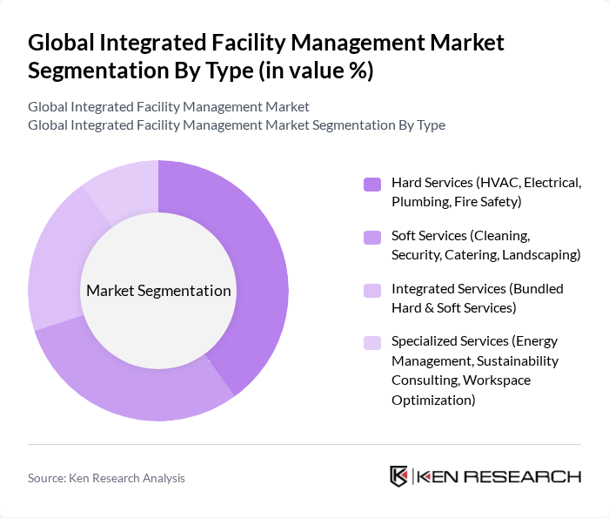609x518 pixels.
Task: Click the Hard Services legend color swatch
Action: [372, 184]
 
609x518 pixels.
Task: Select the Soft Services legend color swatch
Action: [372, 237]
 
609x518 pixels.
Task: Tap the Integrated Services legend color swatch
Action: [372, 290]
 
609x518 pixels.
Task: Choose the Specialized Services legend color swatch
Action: [372, 343]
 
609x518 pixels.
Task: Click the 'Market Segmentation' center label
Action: [158, 291]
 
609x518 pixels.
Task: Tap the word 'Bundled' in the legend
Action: [538, 288]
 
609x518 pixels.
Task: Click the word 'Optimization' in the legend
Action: [433, 400]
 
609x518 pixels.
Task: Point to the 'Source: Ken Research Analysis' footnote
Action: [106, 478]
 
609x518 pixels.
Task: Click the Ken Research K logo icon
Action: [399, 476]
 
